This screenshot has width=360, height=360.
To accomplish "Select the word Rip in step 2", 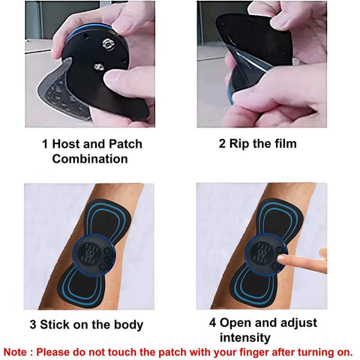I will pyautogui.click(x=238, y=143).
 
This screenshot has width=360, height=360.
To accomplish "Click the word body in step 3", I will pyautogui.click(x=124, y=325).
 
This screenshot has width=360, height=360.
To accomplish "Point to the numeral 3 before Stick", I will pyautogui.click(x=32, y=325).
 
